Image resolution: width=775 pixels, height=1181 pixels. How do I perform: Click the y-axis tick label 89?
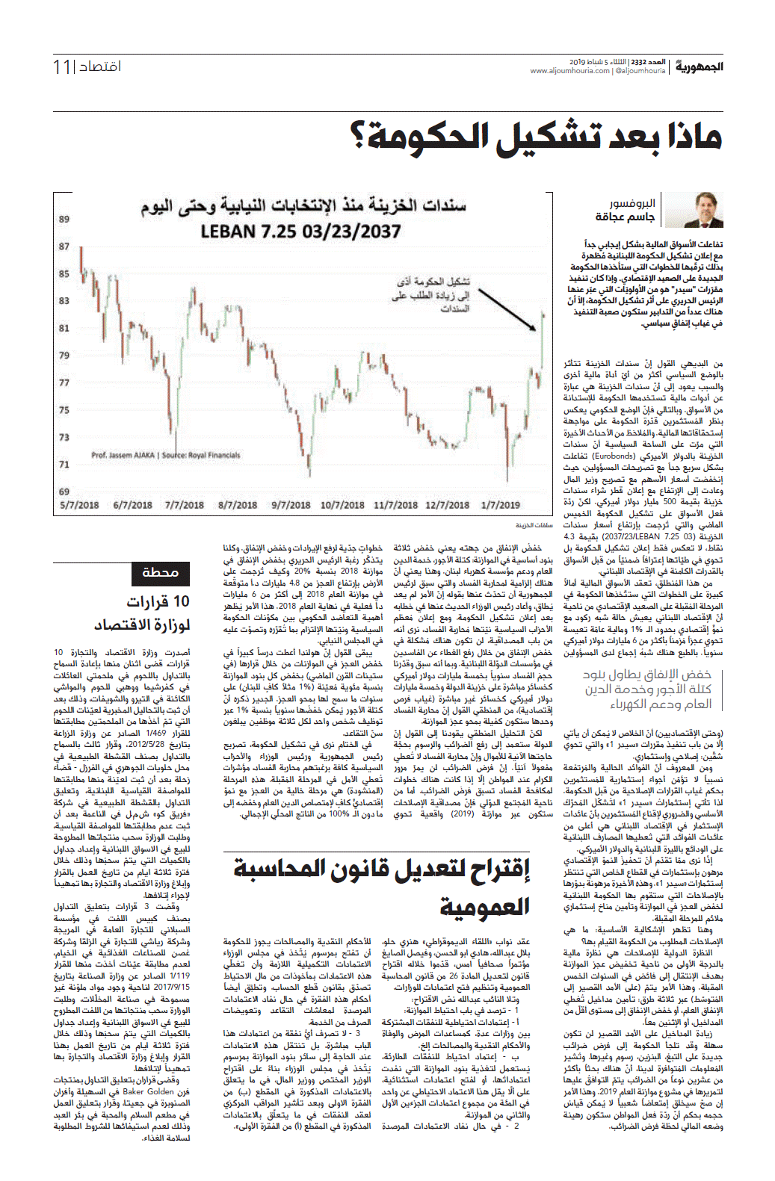(64, 219)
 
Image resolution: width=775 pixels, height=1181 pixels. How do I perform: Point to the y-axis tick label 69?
(64, 492)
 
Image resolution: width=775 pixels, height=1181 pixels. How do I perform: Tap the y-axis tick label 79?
(64, 356)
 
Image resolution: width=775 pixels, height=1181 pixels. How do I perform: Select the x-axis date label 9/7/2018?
(290, 505)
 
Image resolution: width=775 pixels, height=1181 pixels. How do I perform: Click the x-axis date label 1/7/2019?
(500, 505)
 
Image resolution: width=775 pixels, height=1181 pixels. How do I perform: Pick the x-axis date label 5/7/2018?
(79, 505)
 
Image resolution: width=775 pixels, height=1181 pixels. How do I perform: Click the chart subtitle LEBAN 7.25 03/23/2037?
(300, 232)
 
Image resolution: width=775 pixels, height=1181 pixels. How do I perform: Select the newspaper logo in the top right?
(700, 67)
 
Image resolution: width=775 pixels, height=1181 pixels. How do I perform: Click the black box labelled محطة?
(159, 573)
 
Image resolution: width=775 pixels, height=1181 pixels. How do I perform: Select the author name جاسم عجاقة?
(625, 217)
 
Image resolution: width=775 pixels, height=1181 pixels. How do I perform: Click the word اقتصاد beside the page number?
(100, 67)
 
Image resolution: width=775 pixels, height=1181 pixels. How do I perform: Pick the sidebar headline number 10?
(181, 601)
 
